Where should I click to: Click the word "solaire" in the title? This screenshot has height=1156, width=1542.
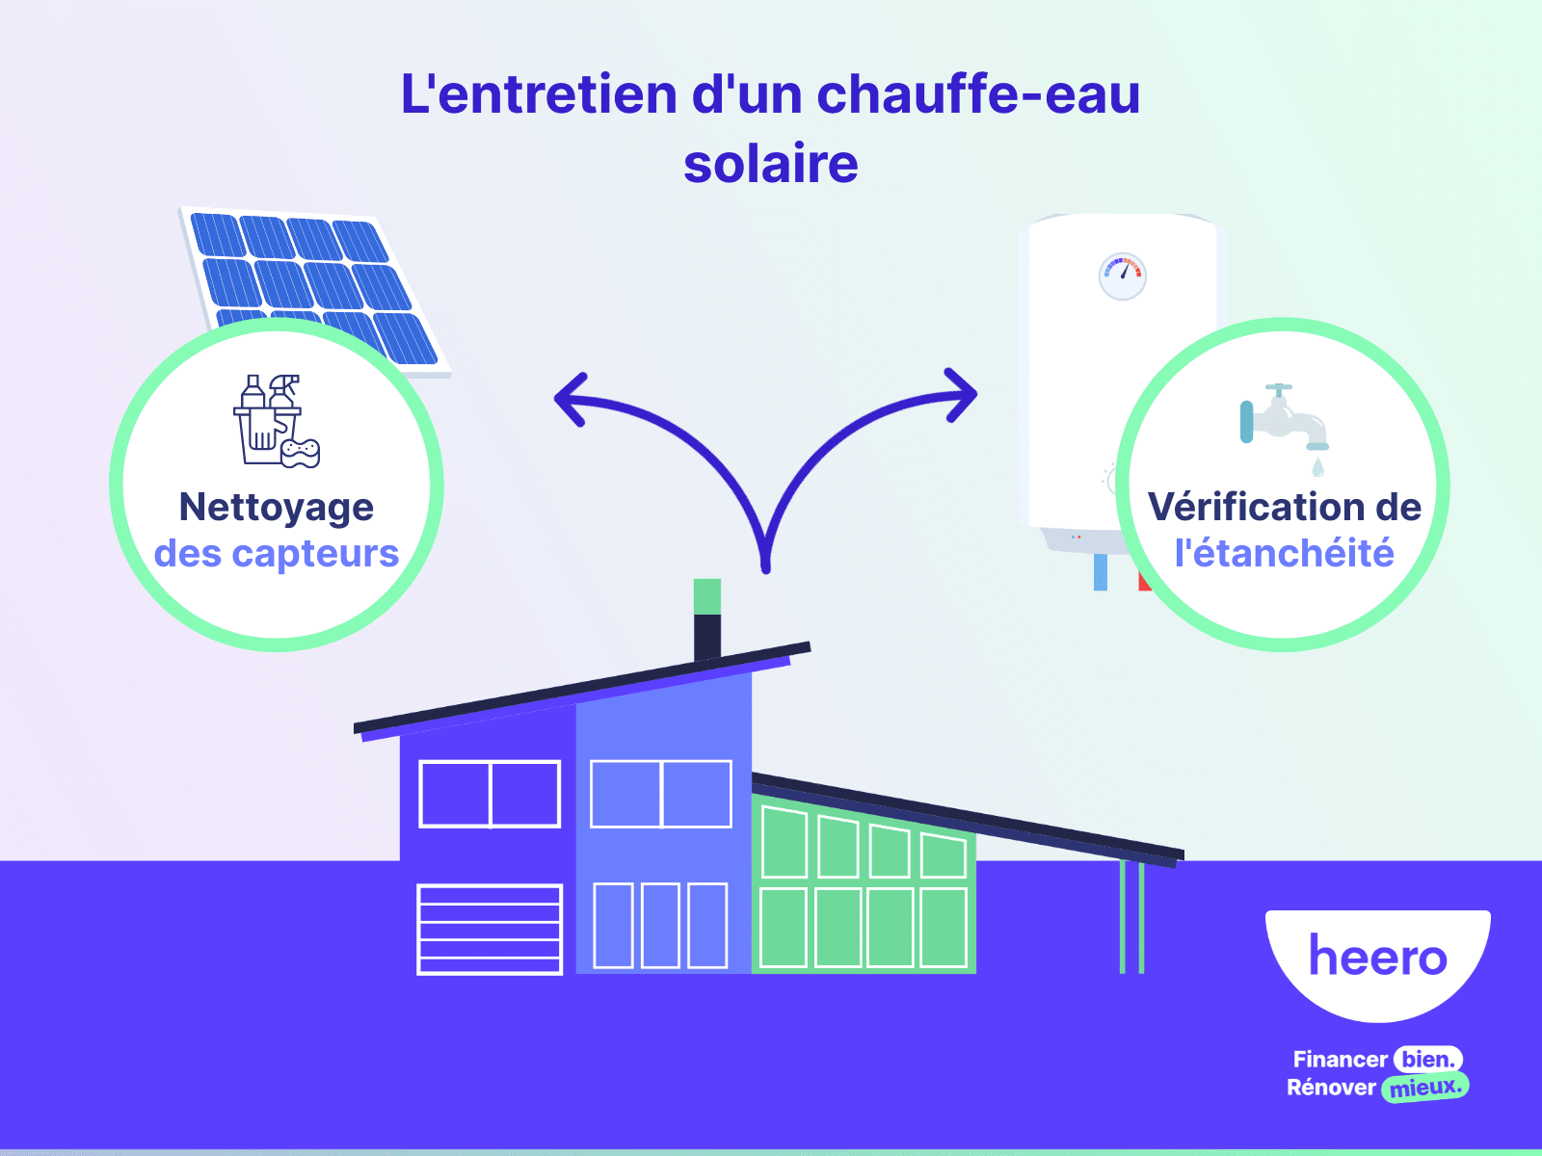click(x=771, y=164)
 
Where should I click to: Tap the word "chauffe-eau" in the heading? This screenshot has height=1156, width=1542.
click(x=978, y=94)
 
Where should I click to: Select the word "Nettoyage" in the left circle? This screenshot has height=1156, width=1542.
click(x=277, y=507)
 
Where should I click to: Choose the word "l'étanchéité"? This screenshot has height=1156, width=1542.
click(x=1284, y=554)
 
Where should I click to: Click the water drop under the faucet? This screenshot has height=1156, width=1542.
click(x=1317, y=468)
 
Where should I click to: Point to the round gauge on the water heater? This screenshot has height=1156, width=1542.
click(x=1123, y=276)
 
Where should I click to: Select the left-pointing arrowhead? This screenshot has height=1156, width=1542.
click(x=571, y=398)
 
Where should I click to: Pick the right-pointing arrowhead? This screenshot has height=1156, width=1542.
click(x=962, y=394)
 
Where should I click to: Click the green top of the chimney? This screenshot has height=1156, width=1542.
click(x=707, y=596)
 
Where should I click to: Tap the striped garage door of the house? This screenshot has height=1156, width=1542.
click(x=490, y=930)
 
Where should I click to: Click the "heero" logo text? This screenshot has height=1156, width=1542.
click(x=1377, y=957)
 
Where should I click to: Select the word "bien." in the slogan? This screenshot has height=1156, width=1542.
click(x=1428, y=1060)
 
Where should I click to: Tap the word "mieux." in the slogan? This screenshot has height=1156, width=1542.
click(x=1424, y=1088)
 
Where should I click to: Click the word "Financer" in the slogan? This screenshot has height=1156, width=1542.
click(x=1340, y=1060)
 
